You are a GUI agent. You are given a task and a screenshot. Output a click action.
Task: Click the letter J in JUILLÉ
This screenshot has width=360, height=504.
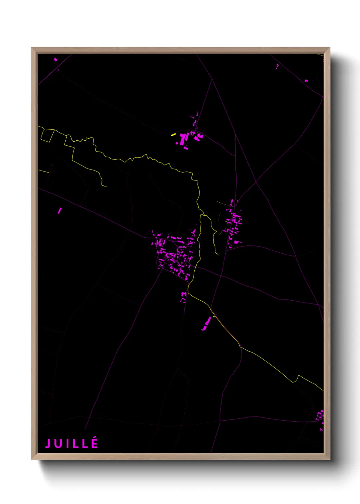click(x=48, y=443)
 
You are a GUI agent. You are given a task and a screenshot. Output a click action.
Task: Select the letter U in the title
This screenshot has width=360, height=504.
click(x=58, y=443)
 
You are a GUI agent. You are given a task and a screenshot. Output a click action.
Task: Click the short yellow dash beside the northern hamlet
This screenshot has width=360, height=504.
click(x=173, y=135)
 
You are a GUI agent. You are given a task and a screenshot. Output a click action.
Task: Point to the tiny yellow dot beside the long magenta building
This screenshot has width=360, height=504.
click(x=214, y=317)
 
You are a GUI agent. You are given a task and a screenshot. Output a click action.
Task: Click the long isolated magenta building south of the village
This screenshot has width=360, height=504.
click(x=207, y=323)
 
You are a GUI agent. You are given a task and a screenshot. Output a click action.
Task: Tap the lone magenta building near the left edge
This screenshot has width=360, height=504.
click(x=60, y=210)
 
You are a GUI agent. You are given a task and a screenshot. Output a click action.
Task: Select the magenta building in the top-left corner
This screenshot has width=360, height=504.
click(x=55, y=60)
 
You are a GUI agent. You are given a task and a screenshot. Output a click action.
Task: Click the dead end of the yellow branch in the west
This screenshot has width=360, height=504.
click(x=106, y=186)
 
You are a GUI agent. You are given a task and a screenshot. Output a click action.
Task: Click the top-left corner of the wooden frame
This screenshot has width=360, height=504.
click(x=32, y=48)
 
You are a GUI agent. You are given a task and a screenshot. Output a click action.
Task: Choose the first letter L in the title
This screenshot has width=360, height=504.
click(x=75, y=443)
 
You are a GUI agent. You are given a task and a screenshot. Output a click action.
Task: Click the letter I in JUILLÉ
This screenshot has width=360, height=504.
click(x=66, y=443)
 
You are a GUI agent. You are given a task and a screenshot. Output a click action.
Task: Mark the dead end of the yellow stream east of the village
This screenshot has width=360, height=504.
click(x=218, y=255)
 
